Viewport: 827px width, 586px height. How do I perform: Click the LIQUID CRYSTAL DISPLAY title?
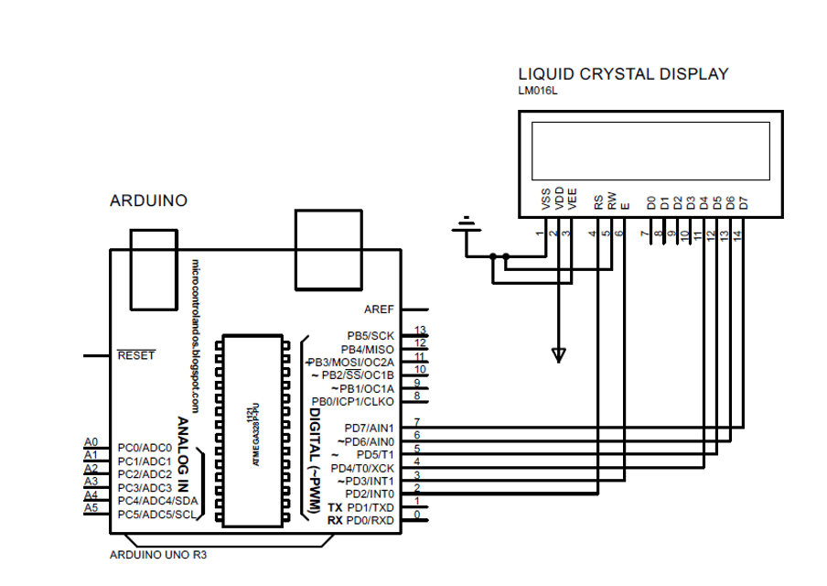(623, 74)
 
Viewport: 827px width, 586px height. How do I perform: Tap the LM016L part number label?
(537, 92)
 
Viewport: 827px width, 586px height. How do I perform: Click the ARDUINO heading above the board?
(148, 201)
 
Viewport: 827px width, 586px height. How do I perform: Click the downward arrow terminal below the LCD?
(559, 354)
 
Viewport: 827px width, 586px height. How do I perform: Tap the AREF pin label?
(379, 309)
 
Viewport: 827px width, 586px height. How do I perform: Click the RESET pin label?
(136, 355)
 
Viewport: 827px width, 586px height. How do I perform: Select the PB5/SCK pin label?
(371, 336)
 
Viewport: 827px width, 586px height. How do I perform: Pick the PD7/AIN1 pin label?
(369, 428)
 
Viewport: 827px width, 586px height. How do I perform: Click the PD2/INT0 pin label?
(369, 494)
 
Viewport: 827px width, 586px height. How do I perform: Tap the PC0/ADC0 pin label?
(145, 448)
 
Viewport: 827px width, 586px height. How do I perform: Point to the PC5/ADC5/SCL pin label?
(157, 515)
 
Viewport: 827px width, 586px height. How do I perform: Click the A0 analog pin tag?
(91, 442)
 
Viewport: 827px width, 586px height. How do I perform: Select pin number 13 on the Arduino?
(420, 330)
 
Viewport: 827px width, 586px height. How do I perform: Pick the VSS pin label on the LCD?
(546, 200)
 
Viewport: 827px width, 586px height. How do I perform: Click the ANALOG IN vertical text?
(183, 454)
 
